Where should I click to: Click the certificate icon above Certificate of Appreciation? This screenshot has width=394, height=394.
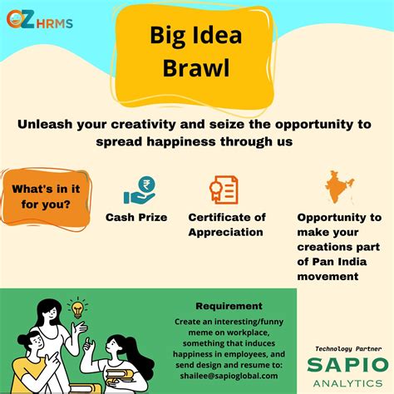click(224, 190)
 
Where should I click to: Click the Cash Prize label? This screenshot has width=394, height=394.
click(136, 217)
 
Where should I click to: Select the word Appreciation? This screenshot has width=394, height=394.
click(227, 231)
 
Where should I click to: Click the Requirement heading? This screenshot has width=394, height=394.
click(229, 305)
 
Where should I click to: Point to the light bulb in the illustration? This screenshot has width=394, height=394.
click(78, 309)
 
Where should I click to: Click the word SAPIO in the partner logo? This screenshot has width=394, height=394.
click(346, 365)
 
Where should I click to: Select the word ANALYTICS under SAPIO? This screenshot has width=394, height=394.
click(346, 383)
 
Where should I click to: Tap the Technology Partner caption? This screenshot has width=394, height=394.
click(346, 348)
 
